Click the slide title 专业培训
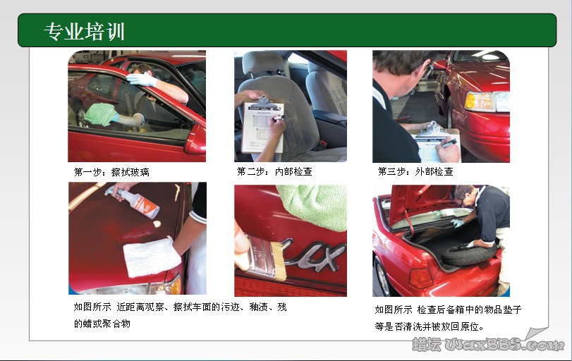(x=84, y=31)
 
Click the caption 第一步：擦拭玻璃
(x=111, y=172)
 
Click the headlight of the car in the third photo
(x=486, y=102)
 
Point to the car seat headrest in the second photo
(x=262, y=64)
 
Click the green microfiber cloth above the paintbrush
(x=314, y=204)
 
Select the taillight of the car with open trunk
(x=420, y=278)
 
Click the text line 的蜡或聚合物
(x=102, y=324)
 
